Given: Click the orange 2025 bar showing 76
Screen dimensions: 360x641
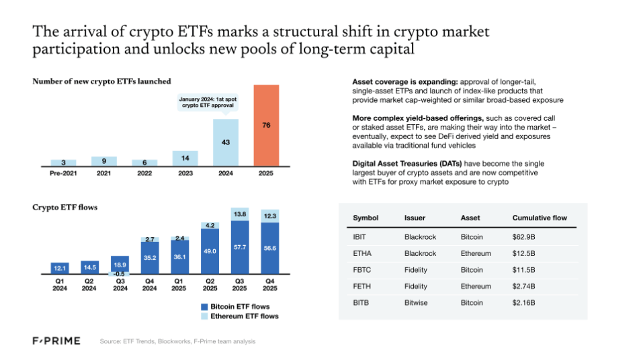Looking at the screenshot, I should (265, 125).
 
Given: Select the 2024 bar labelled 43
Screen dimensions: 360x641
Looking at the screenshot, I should (225, 142).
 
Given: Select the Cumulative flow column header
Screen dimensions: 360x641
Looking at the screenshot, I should (540, 218).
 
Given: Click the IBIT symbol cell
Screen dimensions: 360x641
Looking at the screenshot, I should (360, 237).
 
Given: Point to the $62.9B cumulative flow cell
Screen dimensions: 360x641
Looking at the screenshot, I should (525, 237).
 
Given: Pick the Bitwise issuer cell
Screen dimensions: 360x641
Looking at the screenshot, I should (417, 303).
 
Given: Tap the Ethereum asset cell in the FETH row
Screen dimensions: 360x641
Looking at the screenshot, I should (476, 286).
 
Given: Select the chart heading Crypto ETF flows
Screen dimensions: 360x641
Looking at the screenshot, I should (65, 208).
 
